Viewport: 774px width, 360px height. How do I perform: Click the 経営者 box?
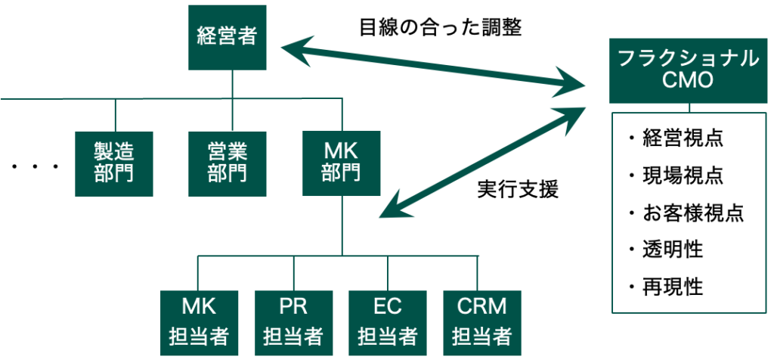[228, 37]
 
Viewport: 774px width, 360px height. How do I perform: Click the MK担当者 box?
[199, 322]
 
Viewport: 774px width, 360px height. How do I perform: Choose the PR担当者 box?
[293, 322]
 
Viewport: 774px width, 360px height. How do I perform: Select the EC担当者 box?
[388, 322]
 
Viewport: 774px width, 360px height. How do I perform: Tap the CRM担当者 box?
[482, 322]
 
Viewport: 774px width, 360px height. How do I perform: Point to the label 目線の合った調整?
[441, 27]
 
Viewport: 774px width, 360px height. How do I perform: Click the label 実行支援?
[518, 189]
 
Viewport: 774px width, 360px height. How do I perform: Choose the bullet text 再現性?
[670, 287]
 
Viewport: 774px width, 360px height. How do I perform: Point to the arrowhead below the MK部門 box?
[389, 207]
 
